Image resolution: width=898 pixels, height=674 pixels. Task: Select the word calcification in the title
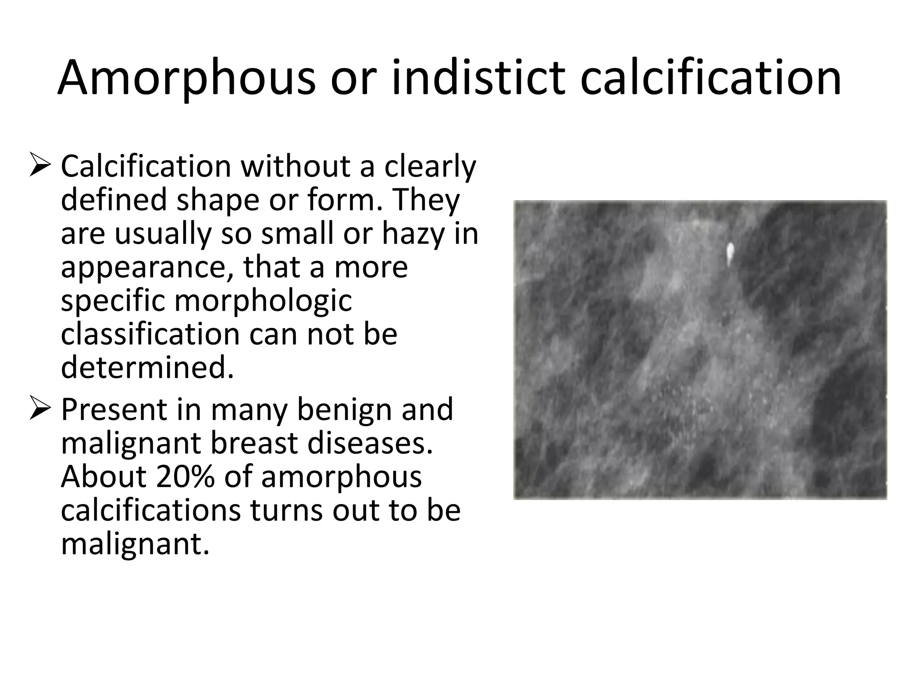point(710,78)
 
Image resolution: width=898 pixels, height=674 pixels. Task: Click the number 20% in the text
point(185,477)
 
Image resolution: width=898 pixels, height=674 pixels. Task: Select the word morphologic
point(263,301)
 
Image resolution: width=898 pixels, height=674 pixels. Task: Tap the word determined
point(147,368)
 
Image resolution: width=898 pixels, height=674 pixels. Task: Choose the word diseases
point(370,444)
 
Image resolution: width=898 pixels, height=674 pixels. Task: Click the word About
point(103,477)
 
